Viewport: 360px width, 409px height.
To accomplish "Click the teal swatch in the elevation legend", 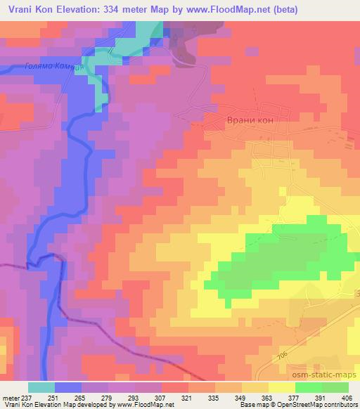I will (x=41, y=387).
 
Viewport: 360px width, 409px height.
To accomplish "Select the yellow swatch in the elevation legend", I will (x=282, y=387).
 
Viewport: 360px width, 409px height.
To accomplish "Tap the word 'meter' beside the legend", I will (x=12, y=397).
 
